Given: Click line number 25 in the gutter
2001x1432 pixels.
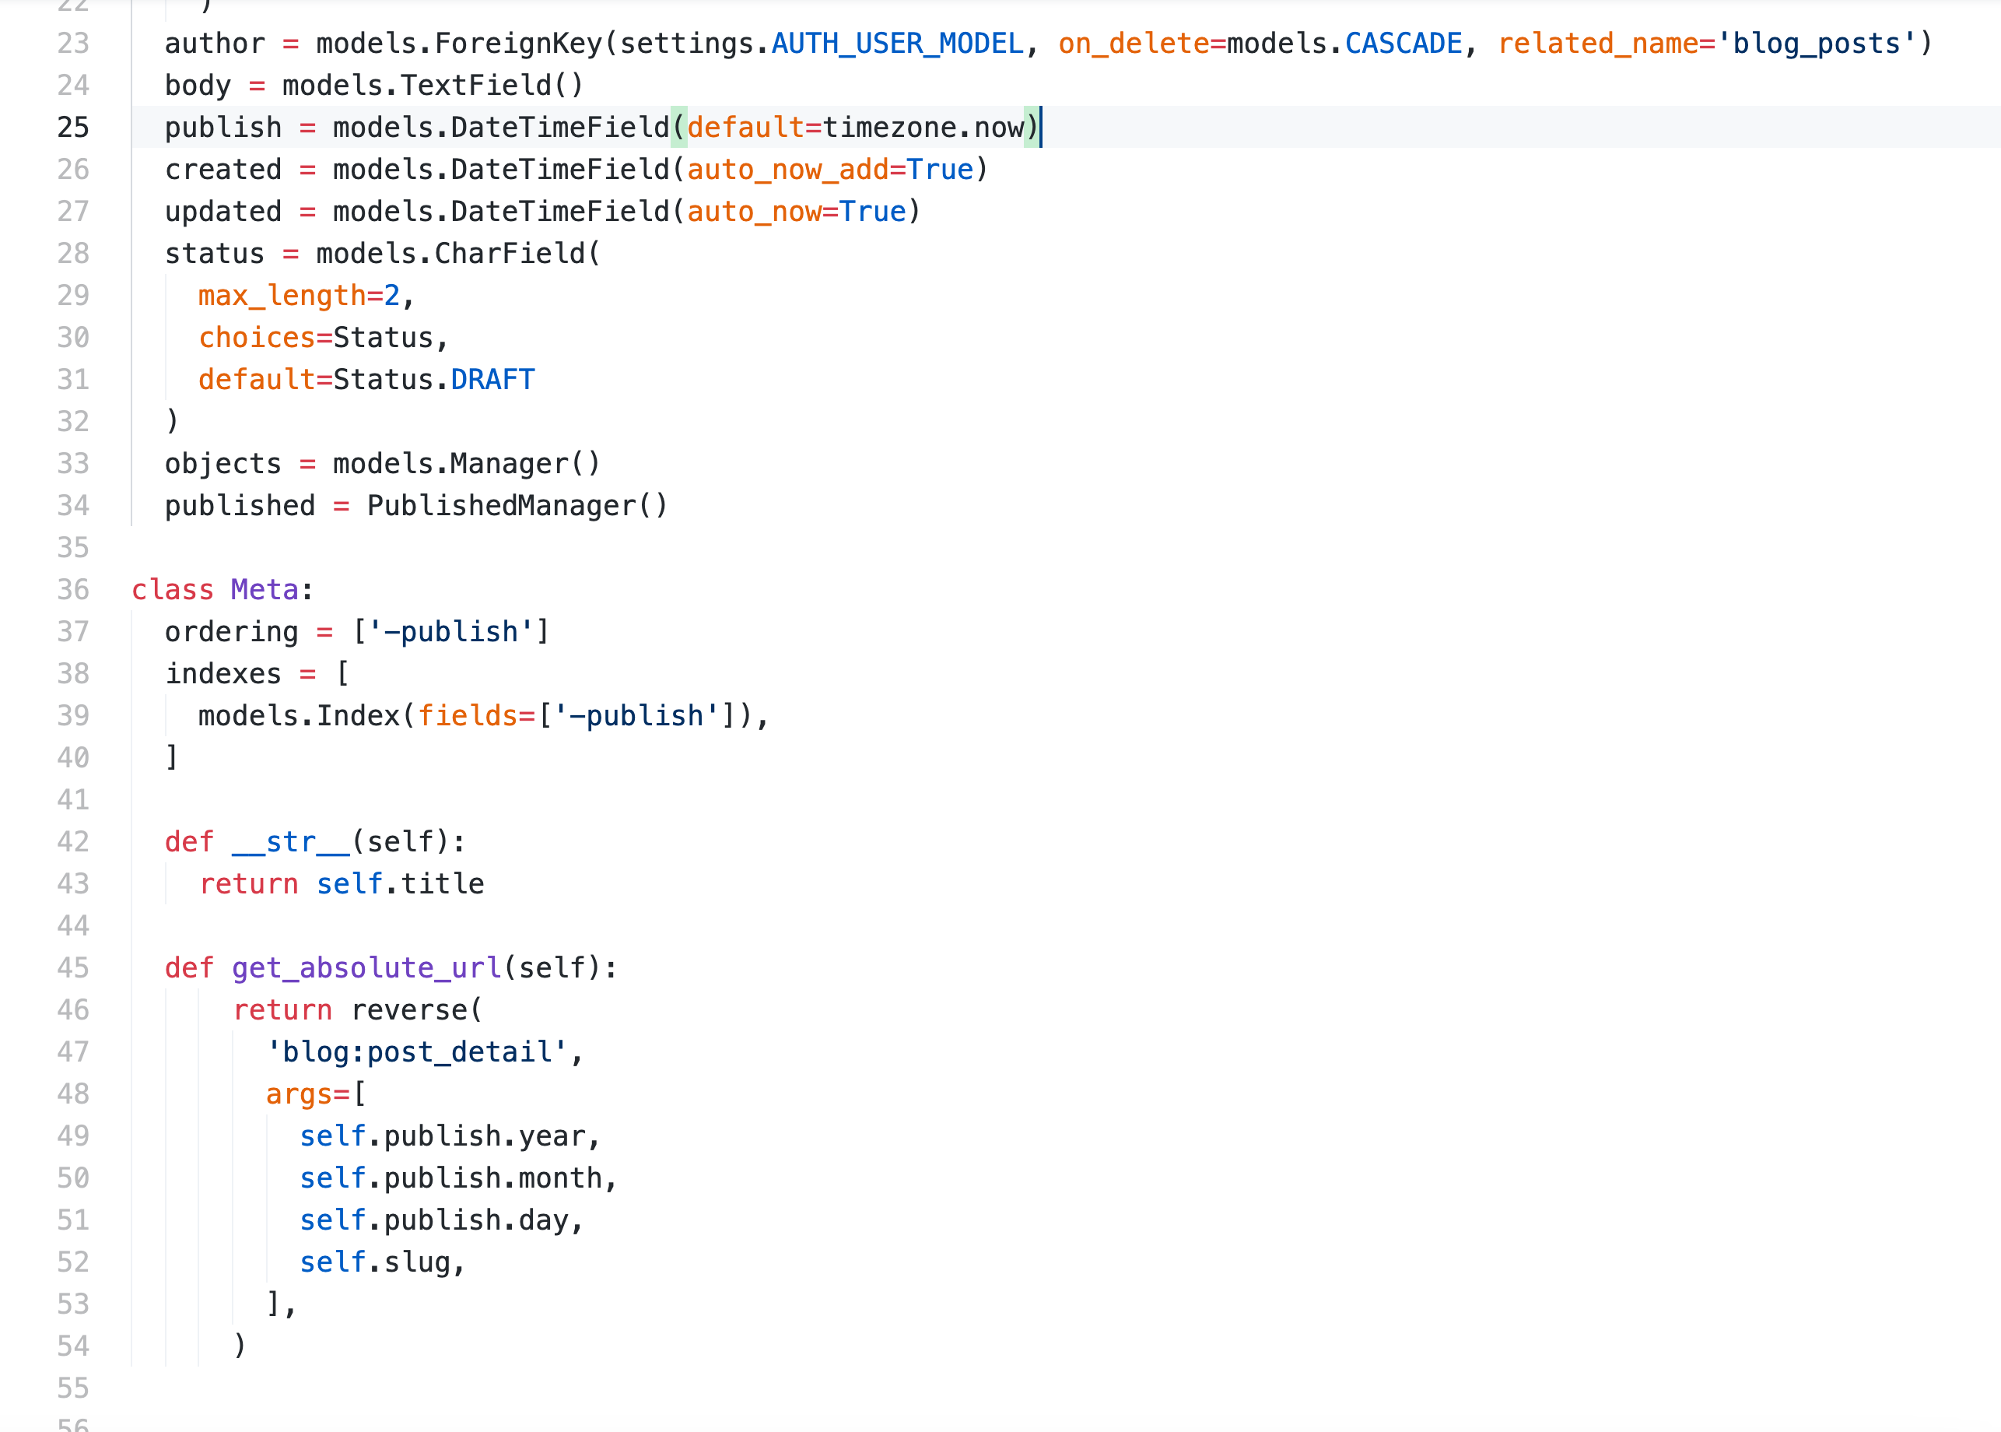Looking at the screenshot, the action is point(73,127).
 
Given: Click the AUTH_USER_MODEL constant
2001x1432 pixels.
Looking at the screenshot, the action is point(897,44).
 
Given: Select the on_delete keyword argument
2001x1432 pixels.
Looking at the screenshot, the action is point(1134,44).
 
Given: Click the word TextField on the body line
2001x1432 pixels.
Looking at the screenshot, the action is point(477,86).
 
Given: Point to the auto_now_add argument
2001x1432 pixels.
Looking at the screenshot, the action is point(788,170).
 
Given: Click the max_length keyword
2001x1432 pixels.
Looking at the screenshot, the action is point(282,296).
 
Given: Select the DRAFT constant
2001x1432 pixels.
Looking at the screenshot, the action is point(492,379).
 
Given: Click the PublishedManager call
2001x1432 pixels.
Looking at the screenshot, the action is point(517,505).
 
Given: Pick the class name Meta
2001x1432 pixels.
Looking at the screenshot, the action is point(265,589).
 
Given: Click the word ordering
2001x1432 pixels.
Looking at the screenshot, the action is point(232,631).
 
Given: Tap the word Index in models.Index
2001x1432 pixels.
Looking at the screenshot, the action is point(358,715).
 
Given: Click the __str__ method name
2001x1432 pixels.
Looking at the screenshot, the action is point(291,842).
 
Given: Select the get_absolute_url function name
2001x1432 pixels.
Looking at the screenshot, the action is point(366,967).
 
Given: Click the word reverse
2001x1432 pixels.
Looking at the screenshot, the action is point(409,1009).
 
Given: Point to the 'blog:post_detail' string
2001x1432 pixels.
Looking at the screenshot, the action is point(417,1051).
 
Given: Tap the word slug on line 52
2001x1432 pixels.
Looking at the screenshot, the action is point(417,1262).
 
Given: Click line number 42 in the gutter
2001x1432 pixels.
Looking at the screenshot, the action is point(73,842).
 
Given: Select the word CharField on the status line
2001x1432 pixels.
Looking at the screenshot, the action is point(510,253).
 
